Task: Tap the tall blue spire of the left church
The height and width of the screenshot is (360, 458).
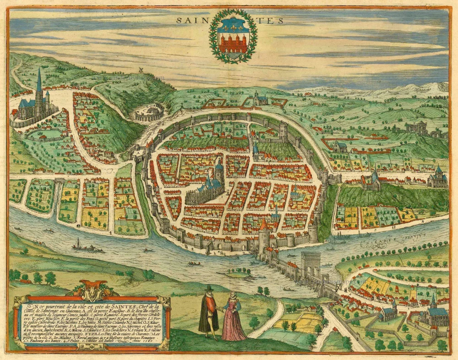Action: click(39, 82)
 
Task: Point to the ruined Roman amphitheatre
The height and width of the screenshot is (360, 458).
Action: click(149, 112)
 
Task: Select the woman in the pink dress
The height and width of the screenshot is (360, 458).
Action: click(233, 319)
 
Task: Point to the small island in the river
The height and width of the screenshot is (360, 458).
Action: click(235, 274)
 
